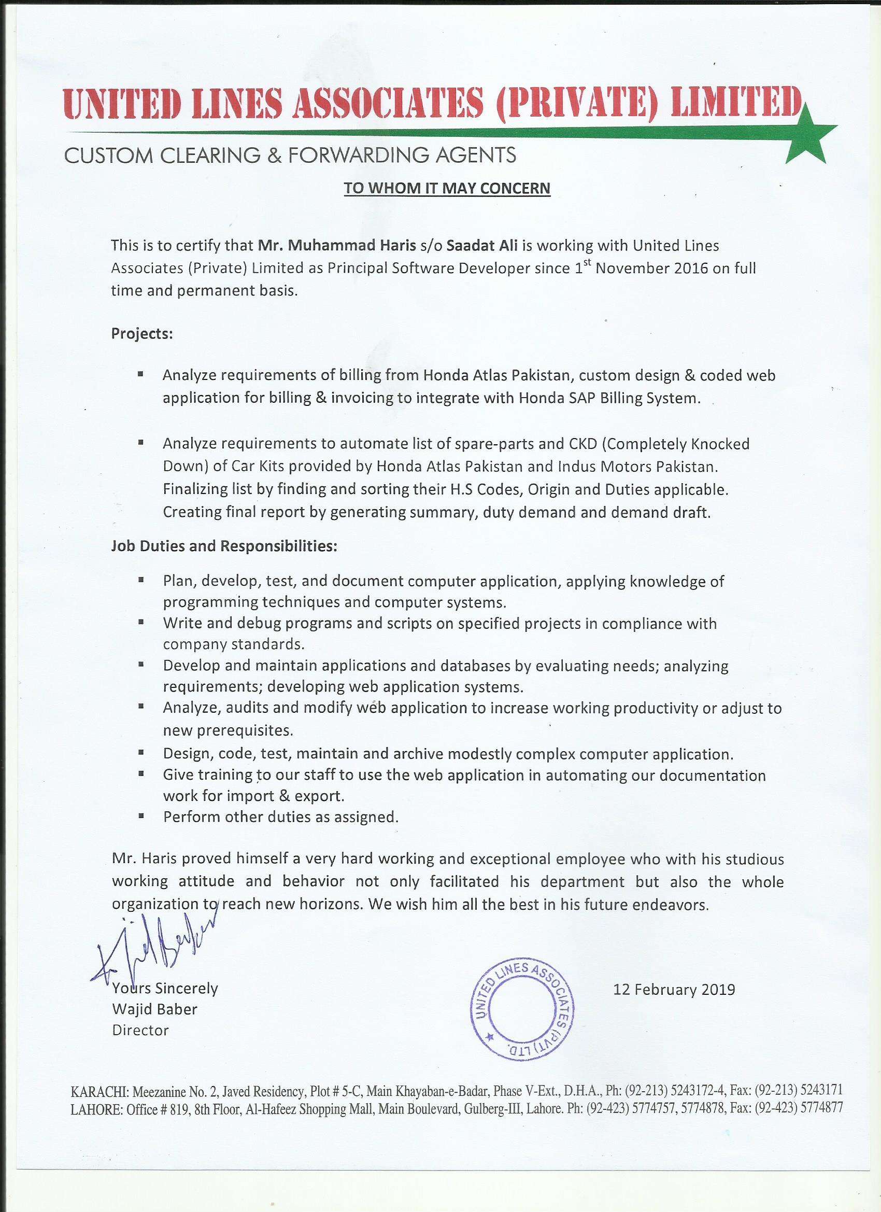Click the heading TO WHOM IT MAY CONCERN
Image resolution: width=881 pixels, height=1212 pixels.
click(x=447, y=188)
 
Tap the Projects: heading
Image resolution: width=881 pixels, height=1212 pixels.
click(x=141, y=333)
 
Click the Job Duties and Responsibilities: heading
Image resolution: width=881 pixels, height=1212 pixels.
click(x=224, y=546)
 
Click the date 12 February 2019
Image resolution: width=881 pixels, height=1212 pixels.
click(x=674, y=990)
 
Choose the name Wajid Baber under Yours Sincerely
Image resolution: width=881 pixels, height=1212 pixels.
click(x=154, y=1009)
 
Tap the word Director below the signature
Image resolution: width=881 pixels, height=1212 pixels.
click(x=140, y=1031)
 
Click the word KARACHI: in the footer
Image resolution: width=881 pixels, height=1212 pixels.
click(x=100, y=1091)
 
